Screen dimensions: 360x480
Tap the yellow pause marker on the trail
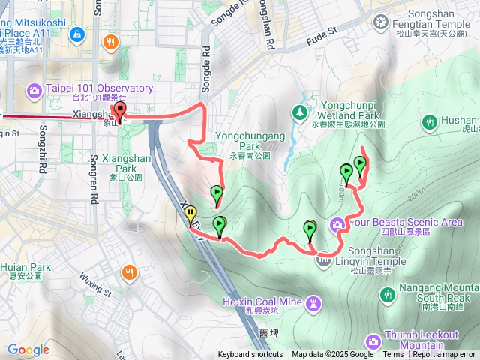tap(190, 214)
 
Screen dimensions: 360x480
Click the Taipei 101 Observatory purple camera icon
tap(34, 91)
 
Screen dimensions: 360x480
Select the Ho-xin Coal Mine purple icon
tap(312, 301)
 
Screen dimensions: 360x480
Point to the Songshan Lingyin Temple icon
tap(323, 260)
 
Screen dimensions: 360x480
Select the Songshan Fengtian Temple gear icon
tap(381, 20)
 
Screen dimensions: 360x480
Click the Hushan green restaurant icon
tap(430, 121)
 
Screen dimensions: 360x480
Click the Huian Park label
tap(25, 267)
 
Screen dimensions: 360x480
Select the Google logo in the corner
tap(28, 349)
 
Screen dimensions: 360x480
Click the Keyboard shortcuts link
tap(250, 355)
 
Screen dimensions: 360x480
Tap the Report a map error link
tap(445, 355)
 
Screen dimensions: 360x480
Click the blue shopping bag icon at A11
tap(77, 34)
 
